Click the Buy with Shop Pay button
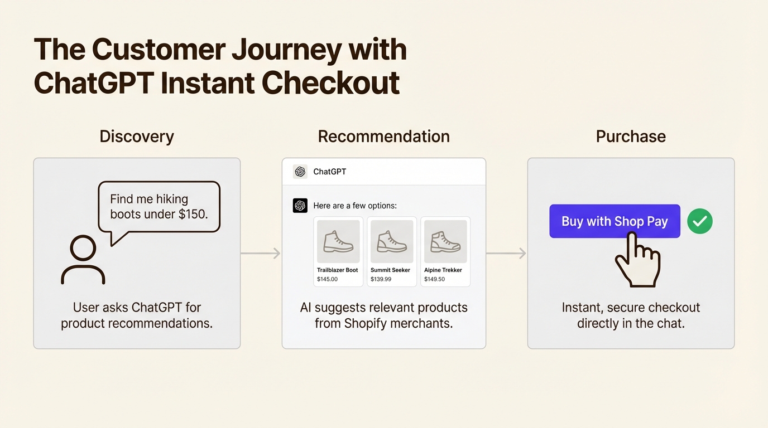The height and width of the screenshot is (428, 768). pyautogui.click(x=615, y=221)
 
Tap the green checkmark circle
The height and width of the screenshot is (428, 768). pyautogui.click(x=699, y=221)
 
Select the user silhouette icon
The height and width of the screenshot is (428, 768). pyautogui.click(x=83, y=260)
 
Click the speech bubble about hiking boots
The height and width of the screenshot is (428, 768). pyautogui.click(x=159, y=207)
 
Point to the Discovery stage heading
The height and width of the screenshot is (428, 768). pyautogui.click(x=137, y=137)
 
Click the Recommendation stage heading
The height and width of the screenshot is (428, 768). pyautogui.click(x=383, y=137)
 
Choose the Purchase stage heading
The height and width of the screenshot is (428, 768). pyautogui.click(x=631, y=137)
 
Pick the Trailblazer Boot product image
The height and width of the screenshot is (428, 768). pyautogui.click(x=338, y=241)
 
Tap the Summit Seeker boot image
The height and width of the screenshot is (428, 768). pyautogui.click(x=392, y=241)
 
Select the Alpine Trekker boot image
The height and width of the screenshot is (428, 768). pyautogui.click(x=445, y=241)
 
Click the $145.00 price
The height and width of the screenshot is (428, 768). pyautogui.click(x=327, y=279)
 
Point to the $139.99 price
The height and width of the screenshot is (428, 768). pyautogui.click(x=381, y=279)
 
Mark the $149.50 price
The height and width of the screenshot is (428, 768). pyautogui.click(x=434, y=279)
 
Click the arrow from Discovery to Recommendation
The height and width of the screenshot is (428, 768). pyautogui.click(x=261, y=254)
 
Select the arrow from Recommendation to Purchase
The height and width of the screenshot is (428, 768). pyautogui.click(x=506, y=254)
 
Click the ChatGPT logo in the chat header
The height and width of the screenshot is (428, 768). pyautogui.click(x=300, y=172)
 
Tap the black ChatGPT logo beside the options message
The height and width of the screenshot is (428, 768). pyautogui.click(x=300, y=206)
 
